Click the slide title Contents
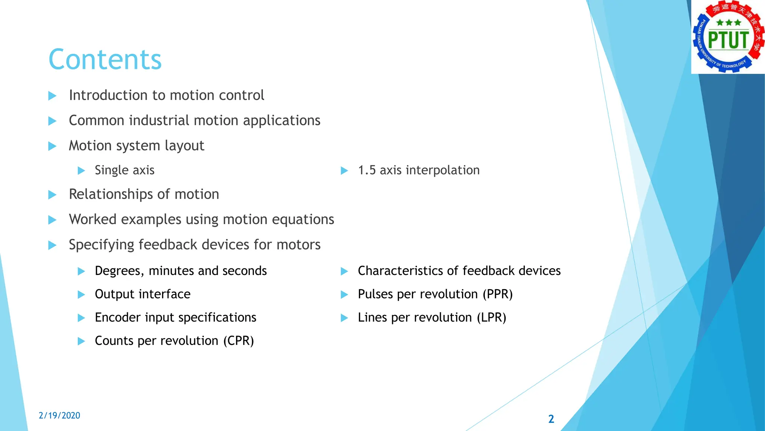tap(105, 59)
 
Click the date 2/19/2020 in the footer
tap(59, 415)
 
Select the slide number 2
tap(551, 419)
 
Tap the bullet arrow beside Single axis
tap(81, 171)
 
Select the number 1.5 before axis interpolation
tap(367, 170)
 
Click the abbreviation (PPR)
tap(498, 294)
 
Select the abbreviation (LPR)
tap(491, 318)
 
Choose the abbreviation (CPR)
tap(239, 341)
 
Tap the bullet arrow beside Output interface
tap(81, 294)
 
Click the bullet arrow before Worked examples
tap(52, 220)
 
